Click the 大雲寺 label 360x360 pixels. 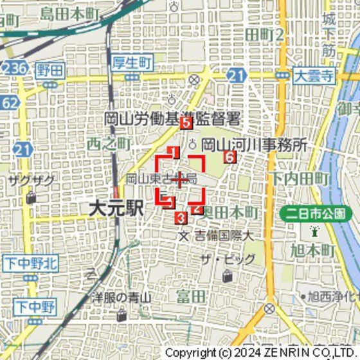click(x=314, y=75)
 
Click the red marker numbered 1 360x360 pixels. click(x=173, y=152)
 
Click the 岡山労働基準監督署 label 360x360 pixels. click(x=172, y=118)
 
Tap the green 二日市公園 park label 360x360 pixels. click(x=316, y=212)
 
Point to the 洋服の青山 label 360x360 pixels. click(x=120, y=297)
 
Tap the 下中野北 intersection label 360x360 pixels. click(x=30, y=262)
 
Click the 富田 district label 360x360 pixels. click(x=191, y=296)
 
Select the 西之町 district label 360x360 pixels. click(x=109, y=143)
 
